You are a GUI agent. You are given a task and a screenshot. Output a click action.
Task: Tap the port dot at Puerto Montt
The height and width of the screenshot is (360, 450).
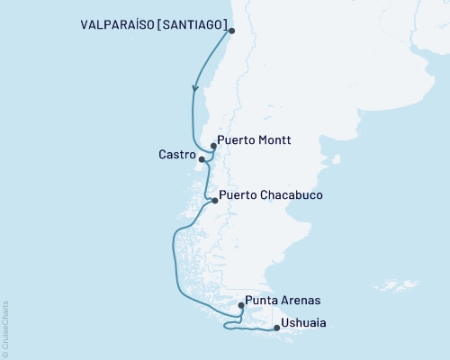click(x=213, y=145)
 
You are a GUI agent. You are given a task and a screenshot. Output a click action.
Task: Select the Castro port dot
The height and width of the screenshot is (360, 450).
click(x=202, y=160)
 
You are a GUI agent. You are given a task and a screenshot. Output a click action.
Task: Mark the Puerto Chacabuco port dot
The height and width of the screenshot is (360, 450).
click(x=214, y=201)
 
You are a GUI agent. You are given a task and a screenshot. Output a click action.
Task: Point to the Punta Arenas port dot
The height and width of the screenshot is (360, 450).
click(x=240, y=305)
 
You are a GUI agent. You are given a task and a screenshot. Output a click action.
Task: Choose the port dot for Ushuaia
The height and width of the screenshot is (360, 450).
click(x=276, y=328)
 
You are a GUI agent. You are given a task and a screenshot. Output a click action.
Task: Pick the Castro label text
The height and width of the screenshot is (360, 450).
click(x=177, y=156)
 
